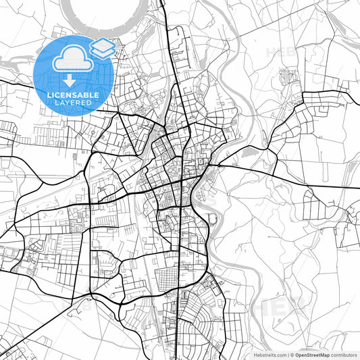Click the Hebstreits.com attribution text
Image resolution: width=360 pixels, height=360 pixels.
265,354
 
